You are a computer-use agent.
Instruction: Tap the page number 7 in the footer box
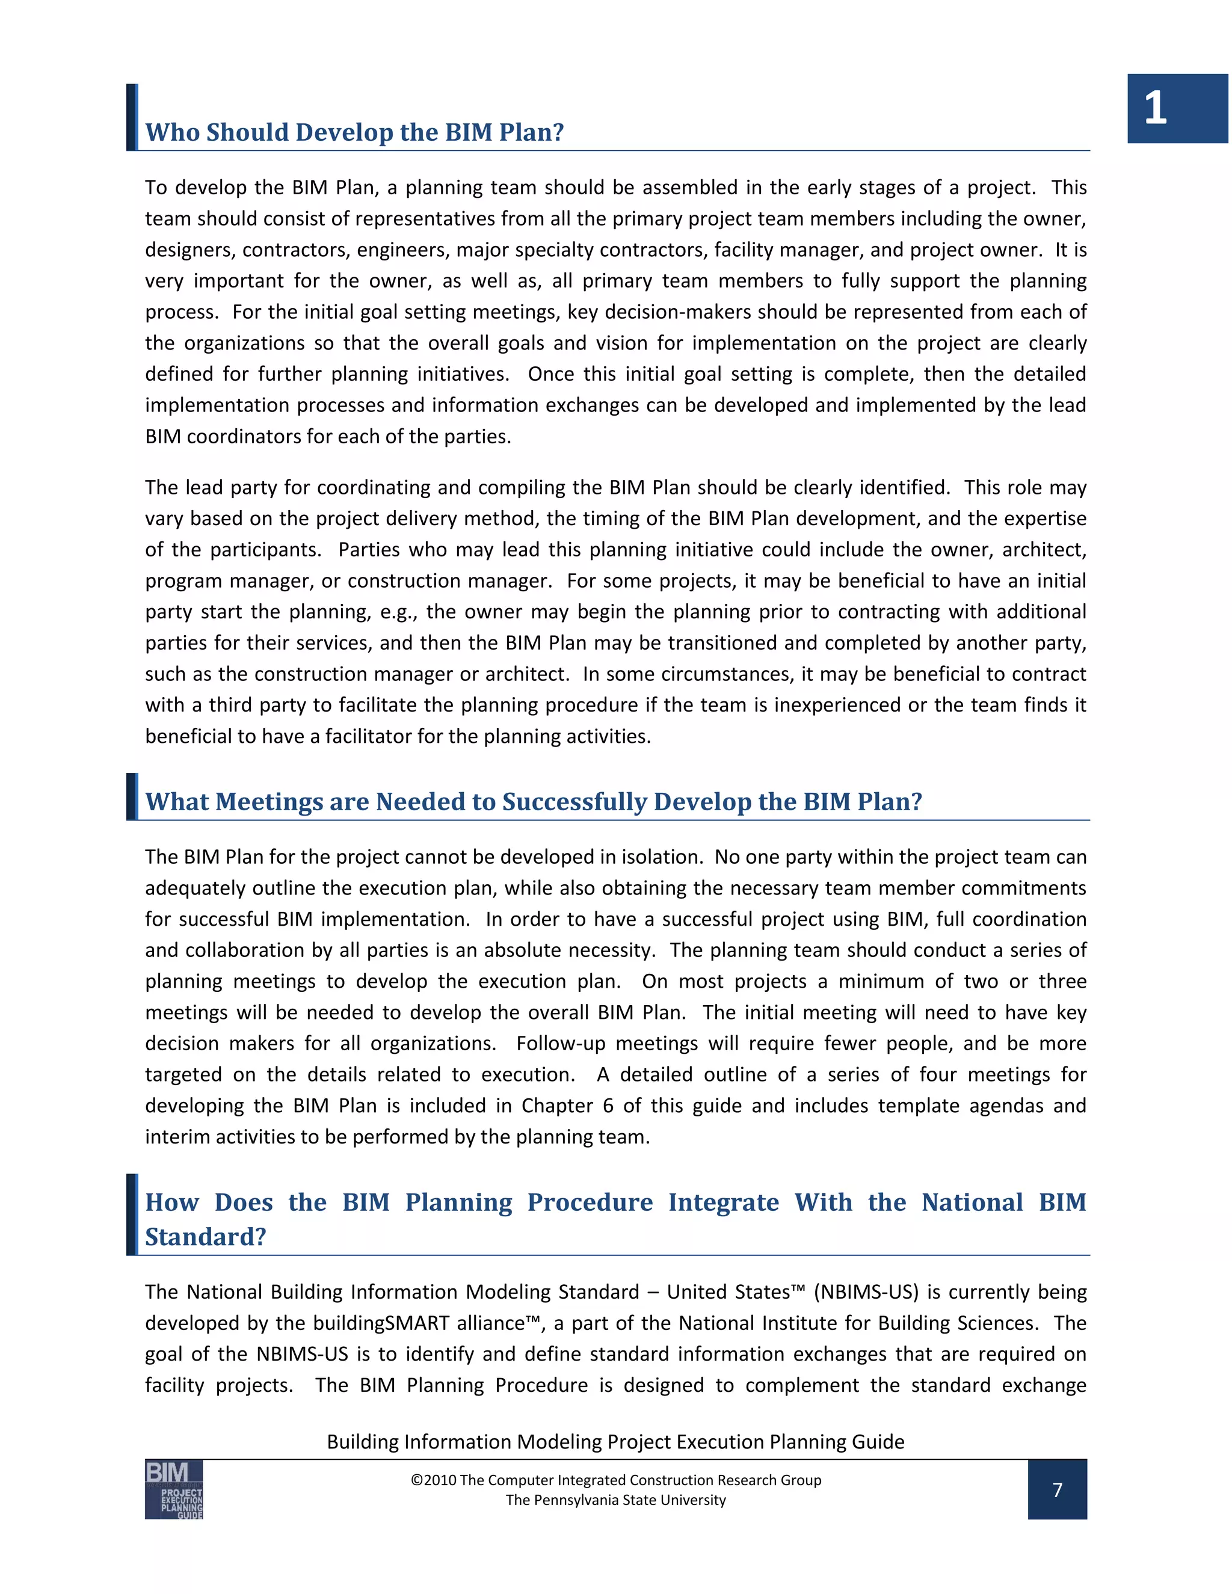coord(1057,1489)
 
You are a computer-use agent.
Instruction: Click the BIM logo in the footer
coord(174,1489)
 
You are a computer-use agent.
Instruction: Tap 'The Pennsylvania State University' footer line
coord(615,1500)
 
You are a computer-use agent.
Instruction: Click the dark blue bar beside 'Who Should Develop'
coord(131,117)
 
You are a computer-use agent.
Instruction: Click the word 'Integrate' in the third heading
coord(723,1202)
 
